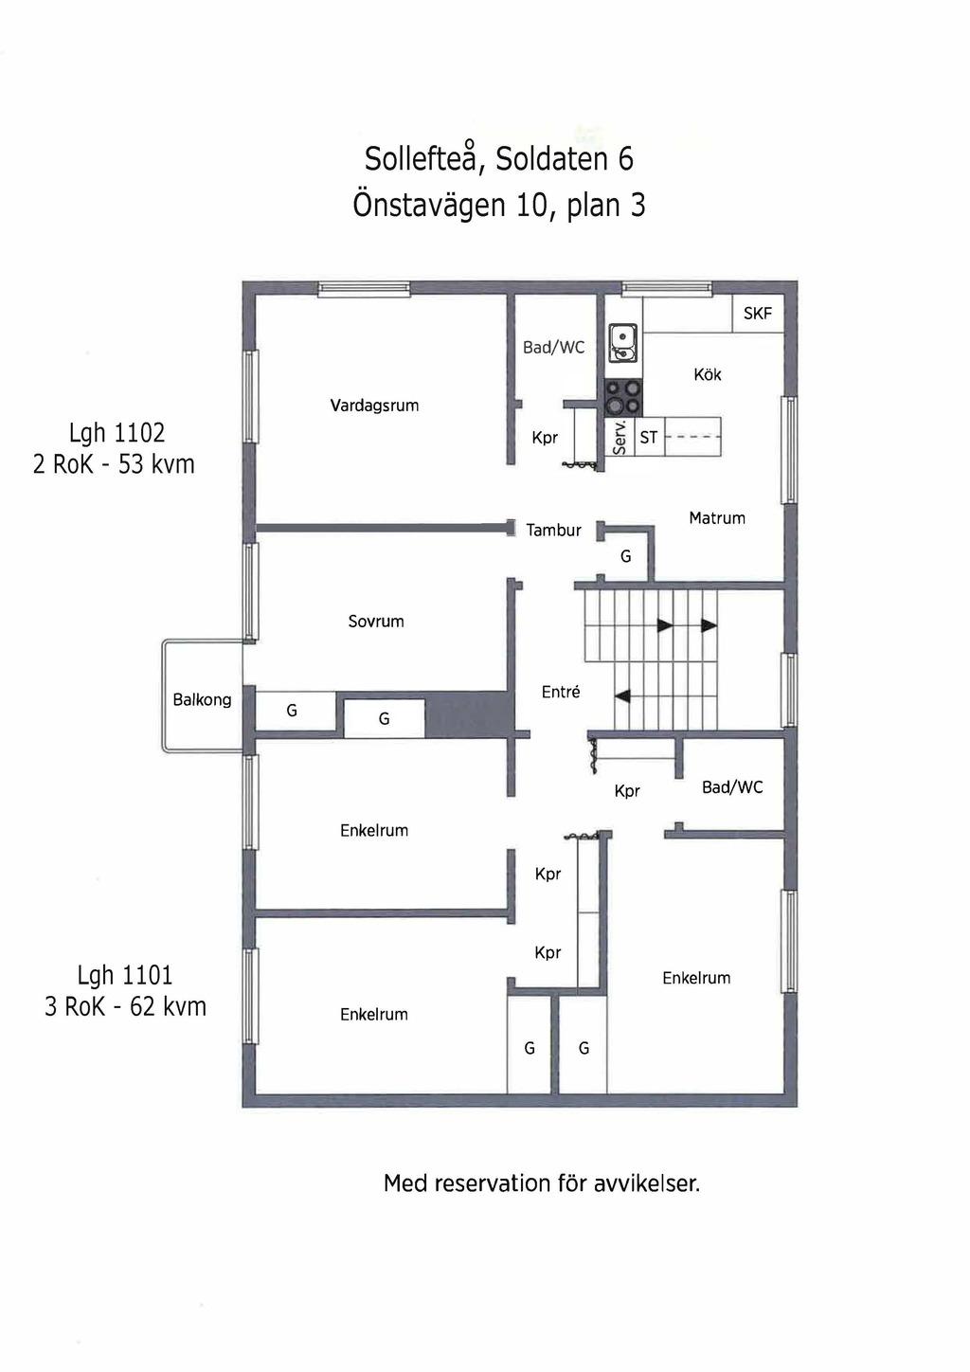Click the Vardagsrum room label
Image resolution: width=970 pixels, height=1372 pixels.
(374, 406)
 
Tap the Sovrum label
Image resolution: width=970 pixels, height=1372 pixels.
(376, 621)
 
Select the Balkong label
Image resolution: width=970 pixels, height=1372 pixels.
(202, 700)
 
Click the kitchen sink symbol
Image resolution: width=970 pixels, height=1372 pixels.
(622, 344)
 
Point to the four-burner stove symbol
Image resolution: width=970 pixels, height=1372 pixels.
(623, 398)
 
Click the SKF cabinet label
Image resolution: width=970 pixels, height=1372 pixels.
(758, 314)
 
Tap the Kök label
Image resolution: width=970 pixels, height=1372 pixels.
(708, 374)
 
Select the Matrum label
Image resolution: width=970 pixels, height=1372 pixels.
(717, 518)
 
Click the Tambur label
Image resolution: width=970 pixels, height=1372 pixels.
(553, 530)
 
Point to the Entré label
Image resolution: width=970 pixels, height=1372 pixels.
(561, 692)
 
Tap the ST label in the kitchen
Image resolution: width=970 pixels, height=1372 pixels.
(649, 438)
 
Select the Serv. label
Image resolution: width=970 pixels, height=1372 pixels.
(620, 438)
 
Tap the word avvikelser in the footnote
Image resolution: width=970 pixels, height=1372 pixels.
(647, 1182)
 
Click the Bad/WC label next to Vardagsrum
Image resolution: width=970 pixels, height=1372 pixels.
(553, 348)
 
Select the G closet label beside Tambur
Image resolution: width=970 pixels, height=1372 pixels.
(626, 556)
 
